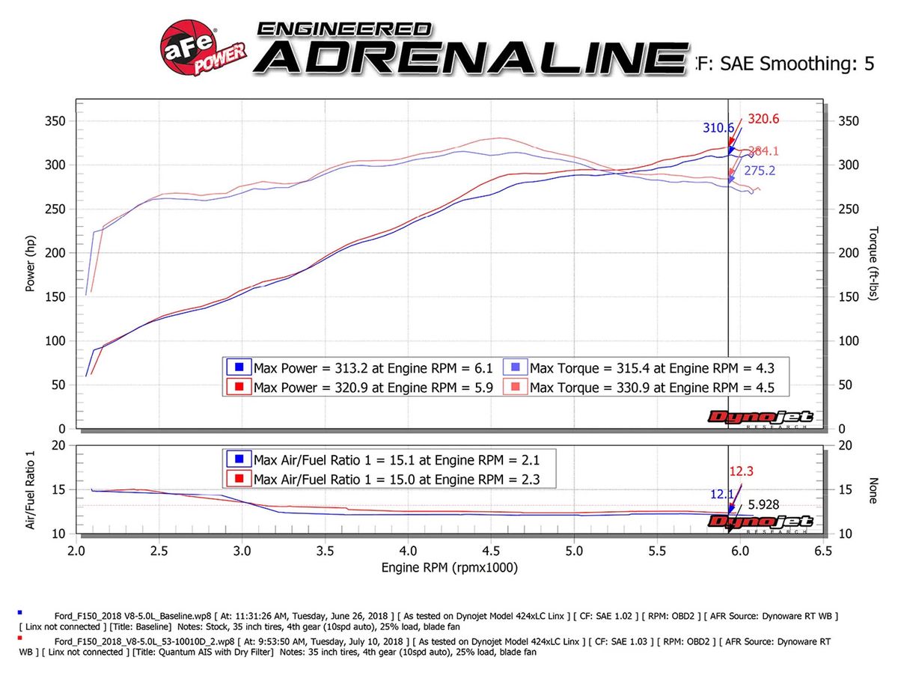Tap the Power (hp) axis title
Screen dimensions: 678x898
click(31, 266)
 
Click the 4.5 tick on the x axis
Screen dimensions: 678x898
click(490, 551)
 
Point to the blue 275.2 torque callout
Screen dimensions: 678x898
click(760, 171)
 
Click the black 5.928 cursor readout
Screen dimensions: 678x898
click(762, 505)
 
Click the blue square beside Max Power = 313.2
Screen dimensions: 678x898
click(239, 367)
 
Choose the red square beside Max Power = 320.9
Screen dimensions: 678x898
click(239, 387)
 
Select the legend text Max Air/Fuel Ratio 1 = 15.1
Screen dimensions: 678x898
click(394, 459)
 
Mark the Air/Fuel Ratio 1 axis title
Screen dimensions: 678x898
click(31, 489)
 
